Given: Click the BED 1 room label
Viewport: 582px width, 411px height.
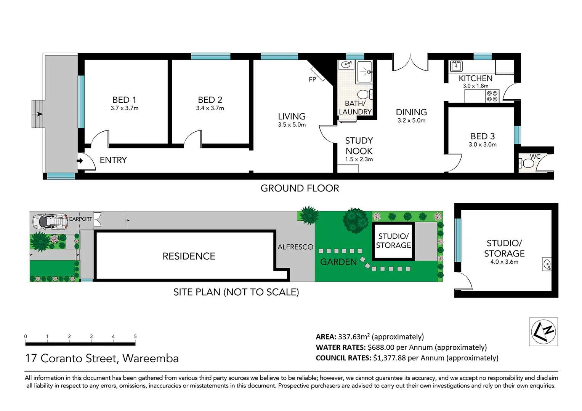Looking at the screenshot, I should [x=124, y=100].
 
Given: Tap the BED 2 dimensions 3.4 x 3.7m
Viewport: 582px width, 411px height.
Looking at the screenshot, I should [x=210, y=108].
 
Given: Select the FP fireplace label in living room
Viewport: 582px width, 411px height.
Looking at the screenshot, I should [x=313, y=80].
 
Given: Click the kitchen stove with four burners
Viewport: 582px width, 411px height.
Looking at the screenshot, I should [x=492, y=96].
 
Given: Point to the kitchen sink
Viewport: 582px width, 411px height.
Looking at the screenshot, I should [x=456, y=66].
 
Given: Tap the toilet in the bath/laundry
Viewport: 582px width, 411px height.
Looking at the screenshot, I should [x=364, y=94].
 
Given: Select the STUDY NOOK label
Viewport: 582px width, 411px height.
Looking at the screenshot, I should [x=359, y=146].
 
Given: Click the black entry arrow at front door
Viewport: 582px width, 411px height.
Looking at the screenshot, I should [x=80, y=161].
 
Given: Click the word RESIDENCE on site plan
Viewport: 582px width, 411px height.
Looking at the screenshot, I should [x=189, y=256].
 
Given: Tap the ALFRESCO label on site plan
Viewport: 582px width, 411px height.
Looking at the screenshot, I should [x=295, y=247].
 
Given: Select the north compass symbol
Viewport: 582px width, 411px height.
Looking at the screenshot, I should [x=544, y=331].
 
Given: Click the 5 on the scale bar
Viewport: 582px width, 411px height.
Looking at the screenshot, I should [x=135, y=336].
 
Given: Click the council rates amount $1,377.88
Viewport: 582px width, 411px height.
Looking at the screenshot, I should [x=390, y=358].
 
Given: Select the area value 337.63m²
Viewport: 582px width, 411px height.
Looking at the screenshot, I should [x=354, y=337].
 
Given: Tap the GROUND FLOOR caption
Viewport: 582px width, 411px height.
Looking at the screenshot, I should [x=300, y=188].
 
